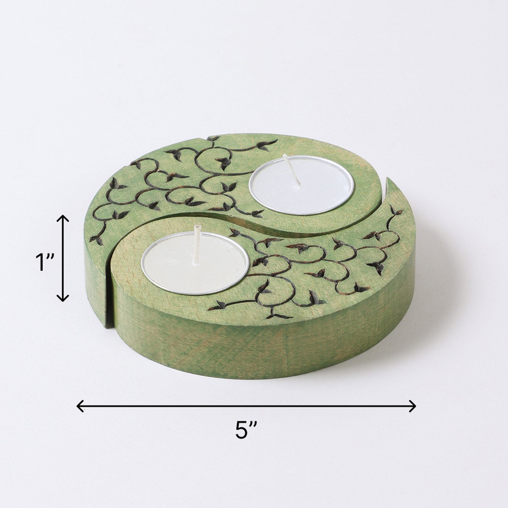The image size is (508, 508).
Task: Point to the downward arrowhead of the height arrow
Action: click(x=63, y=299)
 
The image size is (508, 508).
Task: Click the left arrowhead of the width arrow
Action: click(x=80, y=405)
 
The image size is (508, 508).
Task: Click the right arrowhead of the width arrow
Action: click(x=414, y=405)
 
